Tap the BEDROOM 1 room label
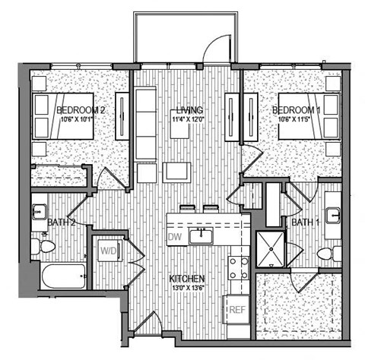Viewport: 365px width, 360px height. coord(296,110)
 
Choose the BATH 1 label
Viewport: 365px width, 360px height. coord(306,222)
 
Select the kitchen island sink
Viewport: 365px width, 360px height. coord(204,235)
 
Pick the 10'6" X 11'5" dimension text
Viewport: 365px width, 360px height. coord(297,118)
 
